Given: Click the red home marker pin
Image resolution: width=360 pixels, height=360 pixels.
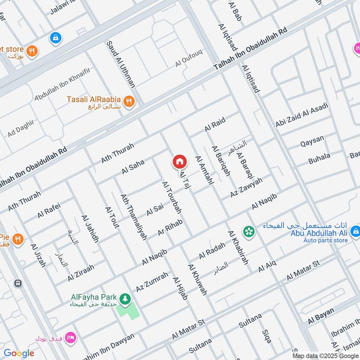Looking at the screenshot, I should pyautogui.click(x=179, y=161).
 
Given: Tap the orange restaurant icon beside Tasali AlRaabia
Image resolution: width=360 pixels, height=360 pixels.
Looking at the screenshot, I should pyautogui.click(x=129, y=102).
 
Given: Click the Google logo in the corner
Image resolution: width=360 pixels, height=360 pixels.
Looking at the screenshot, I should pyautogui.click(x=19, y=353).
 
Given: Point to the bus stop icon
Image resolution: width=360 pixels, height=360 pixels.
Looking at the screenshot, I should pyautogui.click(x=18, y=283).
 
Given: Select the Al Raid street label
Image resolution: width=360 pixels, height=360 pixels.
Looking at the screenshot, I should pyautogui.click(x=215, y=124).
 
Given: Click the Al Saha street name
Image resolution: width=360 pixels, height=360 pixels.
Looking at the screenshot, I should pyautogui.click(x=133, y=167).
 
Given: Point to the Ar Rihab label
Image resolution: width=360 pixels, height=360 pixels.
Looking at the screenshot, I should pyautogui.click(x=170, y=227).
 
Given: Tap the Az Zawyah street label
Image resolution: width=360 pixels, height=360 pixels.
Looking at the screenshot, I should pyautogui.click(x=246, y=187).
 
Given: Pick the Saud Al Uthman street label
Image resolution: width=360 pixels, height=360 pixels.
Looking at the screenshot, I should pyautogui.click(x=121, y=64).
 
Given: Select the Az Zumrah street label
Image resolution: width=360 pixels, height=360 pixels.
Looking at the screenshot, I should pyautogui.click(x=152, y=280).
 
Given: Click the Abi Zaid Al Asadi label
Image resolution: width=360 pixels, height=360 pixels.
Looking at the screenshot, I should pyautogui.click(x=302, y=115).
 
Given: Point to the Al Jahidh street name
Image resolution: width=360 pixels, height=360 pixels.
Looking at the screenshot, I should pyautogui.click(x=90, y=229).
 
